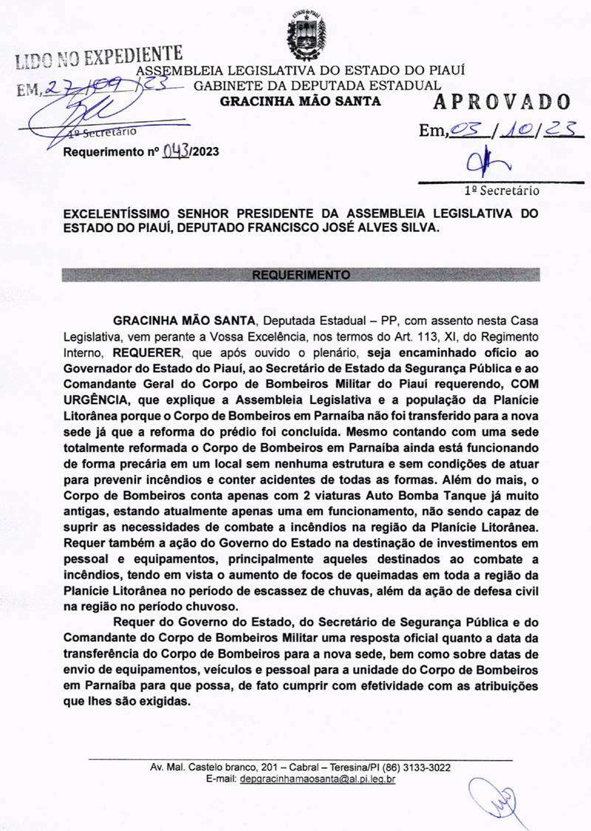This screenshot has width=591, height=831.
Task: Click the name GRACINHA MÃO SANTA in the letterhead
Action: click(x=301, y=100)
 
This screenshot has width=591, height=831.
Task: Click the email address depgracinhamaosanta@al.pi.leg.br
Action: click(x=318, y=779)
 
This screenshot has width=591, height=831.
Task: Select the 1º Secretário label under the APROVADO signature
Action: click(x=502, y=190)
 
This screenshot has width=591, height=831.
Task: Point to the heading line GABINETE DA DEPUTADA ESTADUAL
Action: click(x=317, y=86)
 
